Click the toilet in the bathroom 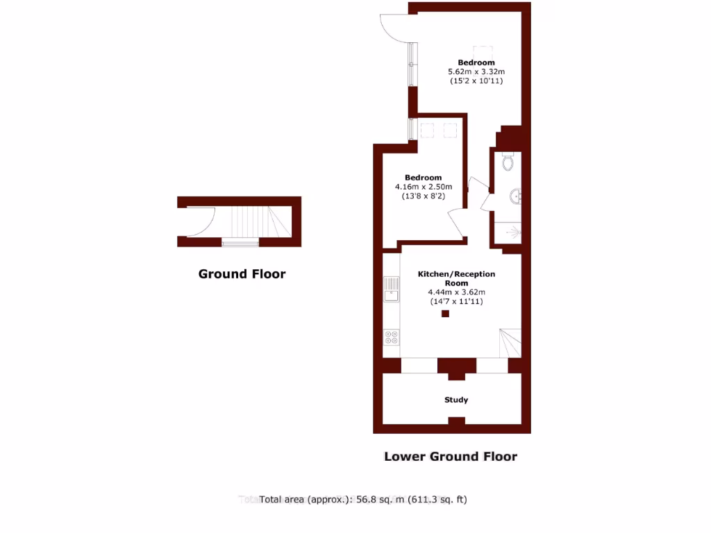(x=508, y=162)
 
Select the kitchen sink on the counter (x=392, y=289)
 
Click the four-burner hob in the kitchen (x=392, y=337)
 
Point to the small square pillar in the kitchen (x=446, y=314)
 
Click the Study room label (x=456, y=400)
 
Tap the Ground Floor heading (x=242, y=273)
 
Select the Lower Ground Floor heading (x=451, y=456)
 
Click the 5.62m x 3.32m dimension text (x=476, y=71)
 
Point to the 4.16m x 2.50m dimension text (x=424, y=187)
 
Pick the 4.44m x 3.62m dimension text (x=456, y=292)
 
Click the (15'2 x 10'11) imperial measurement (x=476, y=81)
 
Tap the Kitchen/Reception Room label (x=456, y=278)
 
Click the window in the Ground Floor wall (x=240, y=243)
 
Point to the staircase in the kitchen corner (x=510, y=343)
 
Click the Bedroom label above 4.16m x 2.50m (x=424, y=178)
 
